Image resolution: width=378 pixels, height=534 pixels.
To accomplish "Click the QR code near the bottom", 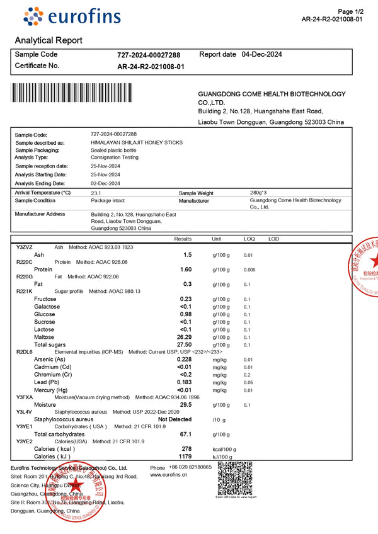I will (x=235, y=478).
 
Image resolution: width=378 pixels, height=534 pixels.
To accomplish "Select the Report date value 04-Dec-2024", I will (x=262, y=54).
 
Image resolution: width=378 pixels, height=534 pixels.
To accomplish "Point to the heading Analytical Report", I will (x=49, y=40).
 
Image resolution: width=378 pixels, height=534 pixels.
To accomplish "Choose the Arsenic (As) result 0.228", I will (x=184, y=360).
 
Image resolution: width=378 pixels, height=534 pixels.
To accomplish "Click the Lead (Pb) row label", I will (x=47, y=382).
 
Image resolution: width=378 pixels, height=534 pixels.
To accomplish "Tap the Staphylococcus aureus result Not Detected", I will (x=175, y=419).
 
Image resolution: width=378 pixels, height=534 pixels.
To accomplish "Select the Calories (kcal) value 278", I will (x=186, y=449).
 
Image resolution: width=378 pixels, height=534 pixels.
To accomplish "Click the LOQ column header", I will (x=249, y=239).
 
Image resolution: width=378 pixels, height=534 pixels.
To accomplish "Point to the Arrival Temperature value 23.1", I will (x=96, y=193).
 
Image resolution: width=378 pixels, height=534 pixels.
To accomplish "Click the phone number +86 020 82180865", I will (x=190, y=467).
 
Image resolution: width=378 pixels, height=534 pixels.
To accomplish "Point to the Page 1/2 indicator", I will (x=351, y=12).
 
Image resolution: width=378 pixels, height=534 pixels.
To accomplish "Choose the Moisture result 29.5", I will (x=186, y=405).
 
